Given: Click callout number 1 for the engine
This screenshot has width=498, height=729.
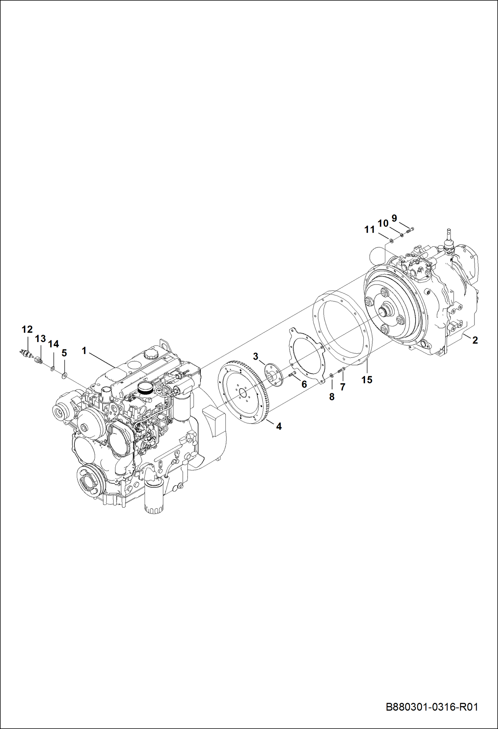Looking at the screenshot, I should tap(84, 350).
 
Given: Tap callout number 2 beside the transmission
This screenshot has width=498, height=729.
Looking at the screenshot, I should tap(475, 340).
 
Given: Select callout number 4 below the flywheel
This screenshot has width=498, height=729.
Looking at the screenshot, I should tap(279, 426).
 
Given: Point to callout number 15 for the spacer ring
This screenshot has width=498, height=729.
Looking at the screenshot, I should tap(367, 380).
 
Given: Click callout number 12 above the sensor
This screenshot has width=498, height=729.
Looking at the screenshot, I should tap(27, 329).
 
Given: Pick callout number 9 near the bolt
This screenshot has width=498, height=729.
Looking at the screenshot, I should tap(394, 218).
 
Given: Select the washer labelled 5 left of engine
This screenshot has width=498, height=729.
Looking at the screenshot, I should tap(64, 375).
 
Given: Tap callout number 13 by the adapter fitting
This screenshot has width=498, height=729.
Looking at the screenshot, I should tap(40, 339).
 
